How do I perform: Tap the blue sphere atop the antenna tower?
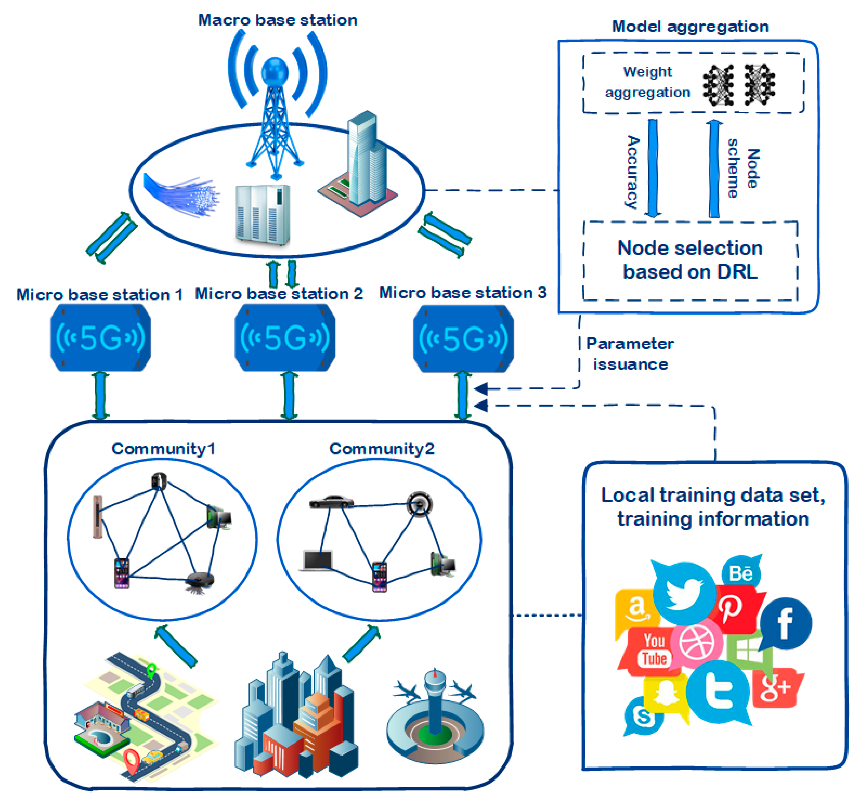(275, 71)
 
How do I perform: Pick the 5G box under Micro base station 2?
(285, 338)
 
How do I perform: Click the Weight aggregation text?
(647, 82)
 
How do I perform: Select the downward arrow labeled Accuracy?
(653, 169)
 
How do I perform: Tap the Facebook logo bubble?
(785, 623)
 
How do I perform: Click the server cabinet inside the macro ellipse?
(262, 214)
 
